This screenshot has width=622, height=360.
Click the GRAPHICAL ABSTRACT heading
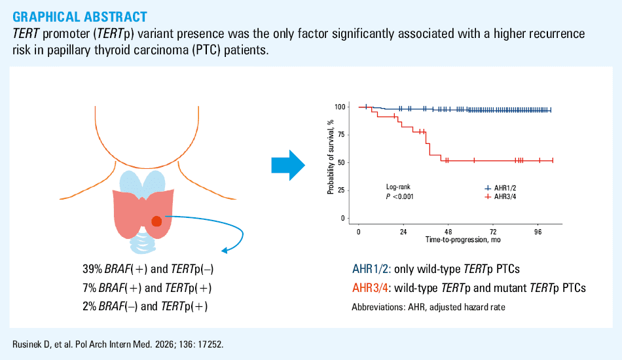80,16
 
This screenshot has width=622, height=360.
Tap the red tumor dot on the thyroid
156,221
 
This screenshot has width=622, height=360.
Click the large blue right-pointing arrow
288,166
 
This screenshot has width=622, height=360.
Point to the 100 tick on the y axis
340,107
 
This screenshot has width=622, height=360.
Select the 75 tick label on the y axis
342,135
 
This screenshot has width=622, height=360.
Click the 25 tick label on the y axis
342,190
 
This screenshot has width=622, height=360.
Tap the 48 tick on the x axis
448,232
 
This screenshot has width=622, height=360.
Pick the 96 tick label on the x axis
538,232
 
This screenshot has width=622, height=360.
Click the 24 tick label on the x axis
403,232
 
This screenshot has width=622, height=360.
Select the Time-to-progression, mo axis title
463,240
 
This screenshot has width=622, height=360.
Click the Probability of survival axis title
331,157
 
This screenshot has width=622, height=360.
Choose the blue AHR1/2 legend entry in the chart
501,189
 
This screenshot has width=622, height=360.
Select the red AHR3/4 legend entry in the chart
501,196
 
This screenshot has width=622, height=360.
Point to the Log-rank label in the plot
398,187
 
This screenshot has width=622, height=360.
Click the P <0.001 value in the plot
400,196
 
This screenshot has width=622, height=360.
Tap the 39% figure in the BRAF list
92,269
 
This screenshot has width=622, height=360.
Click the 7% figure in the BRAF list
89,287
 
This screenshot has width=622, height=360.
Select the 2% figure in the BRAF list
89,306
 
